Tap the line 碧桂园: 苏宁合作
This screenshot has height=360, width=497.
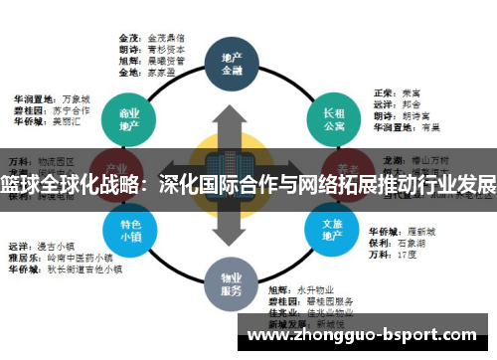[49, 111]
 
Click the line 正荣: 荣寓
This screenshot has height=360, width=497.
[398, 92]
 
